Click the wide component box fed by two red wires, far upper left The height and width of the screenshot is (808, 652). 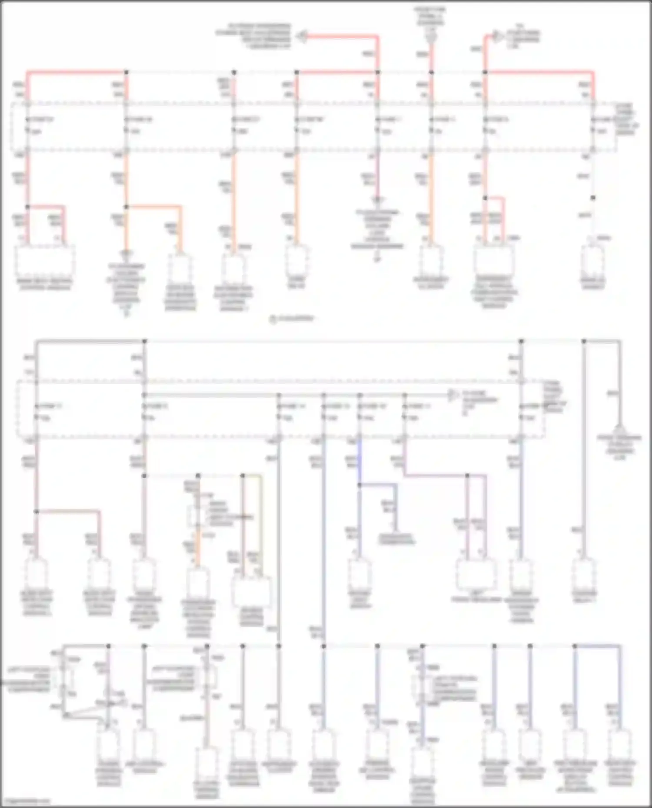[x=45, y=261]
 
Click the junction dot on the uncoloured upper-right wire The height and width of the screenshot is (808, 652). [x=593, y=198]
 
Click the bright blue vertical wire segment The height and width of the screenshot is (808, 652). [x=359, y=462]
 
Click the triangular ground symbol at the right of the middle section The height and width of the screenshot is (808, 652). [x=620, y=428]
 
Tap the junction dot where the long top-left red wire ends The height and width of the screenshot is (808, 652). [x=126, y=72]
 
